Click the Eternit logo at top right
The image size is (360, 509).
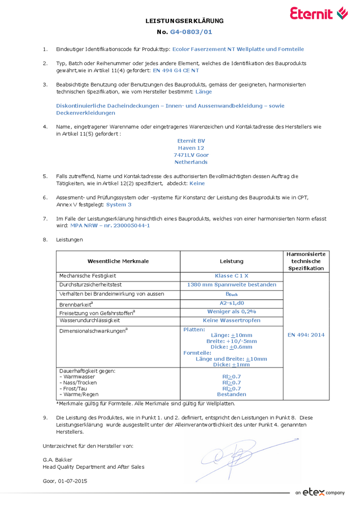coord(319,14)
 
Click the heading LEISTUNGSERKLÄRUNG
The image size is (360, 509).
coord(184,21)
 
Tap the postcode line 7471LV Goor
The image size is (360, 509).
coord(191,155)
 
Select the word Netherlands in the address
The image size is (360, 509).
coord(191,162)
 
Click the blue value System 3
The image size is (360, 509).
coord(119,204)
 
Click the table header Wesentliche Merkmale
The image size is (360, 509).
coord(118,261)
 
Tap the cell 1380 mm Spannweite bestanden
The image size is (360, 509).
coord(232,285)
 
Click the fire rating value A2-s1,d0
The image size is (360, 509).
coord(232,303)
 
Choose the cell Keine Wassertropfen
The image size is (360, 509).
coord(232,320)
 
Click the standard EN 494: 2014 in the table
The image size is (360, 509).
coord(306,335)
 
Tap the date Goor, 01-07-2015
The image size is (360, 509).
coord(65,481)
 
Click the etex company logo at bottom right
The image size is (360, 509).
coord(319,492)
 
